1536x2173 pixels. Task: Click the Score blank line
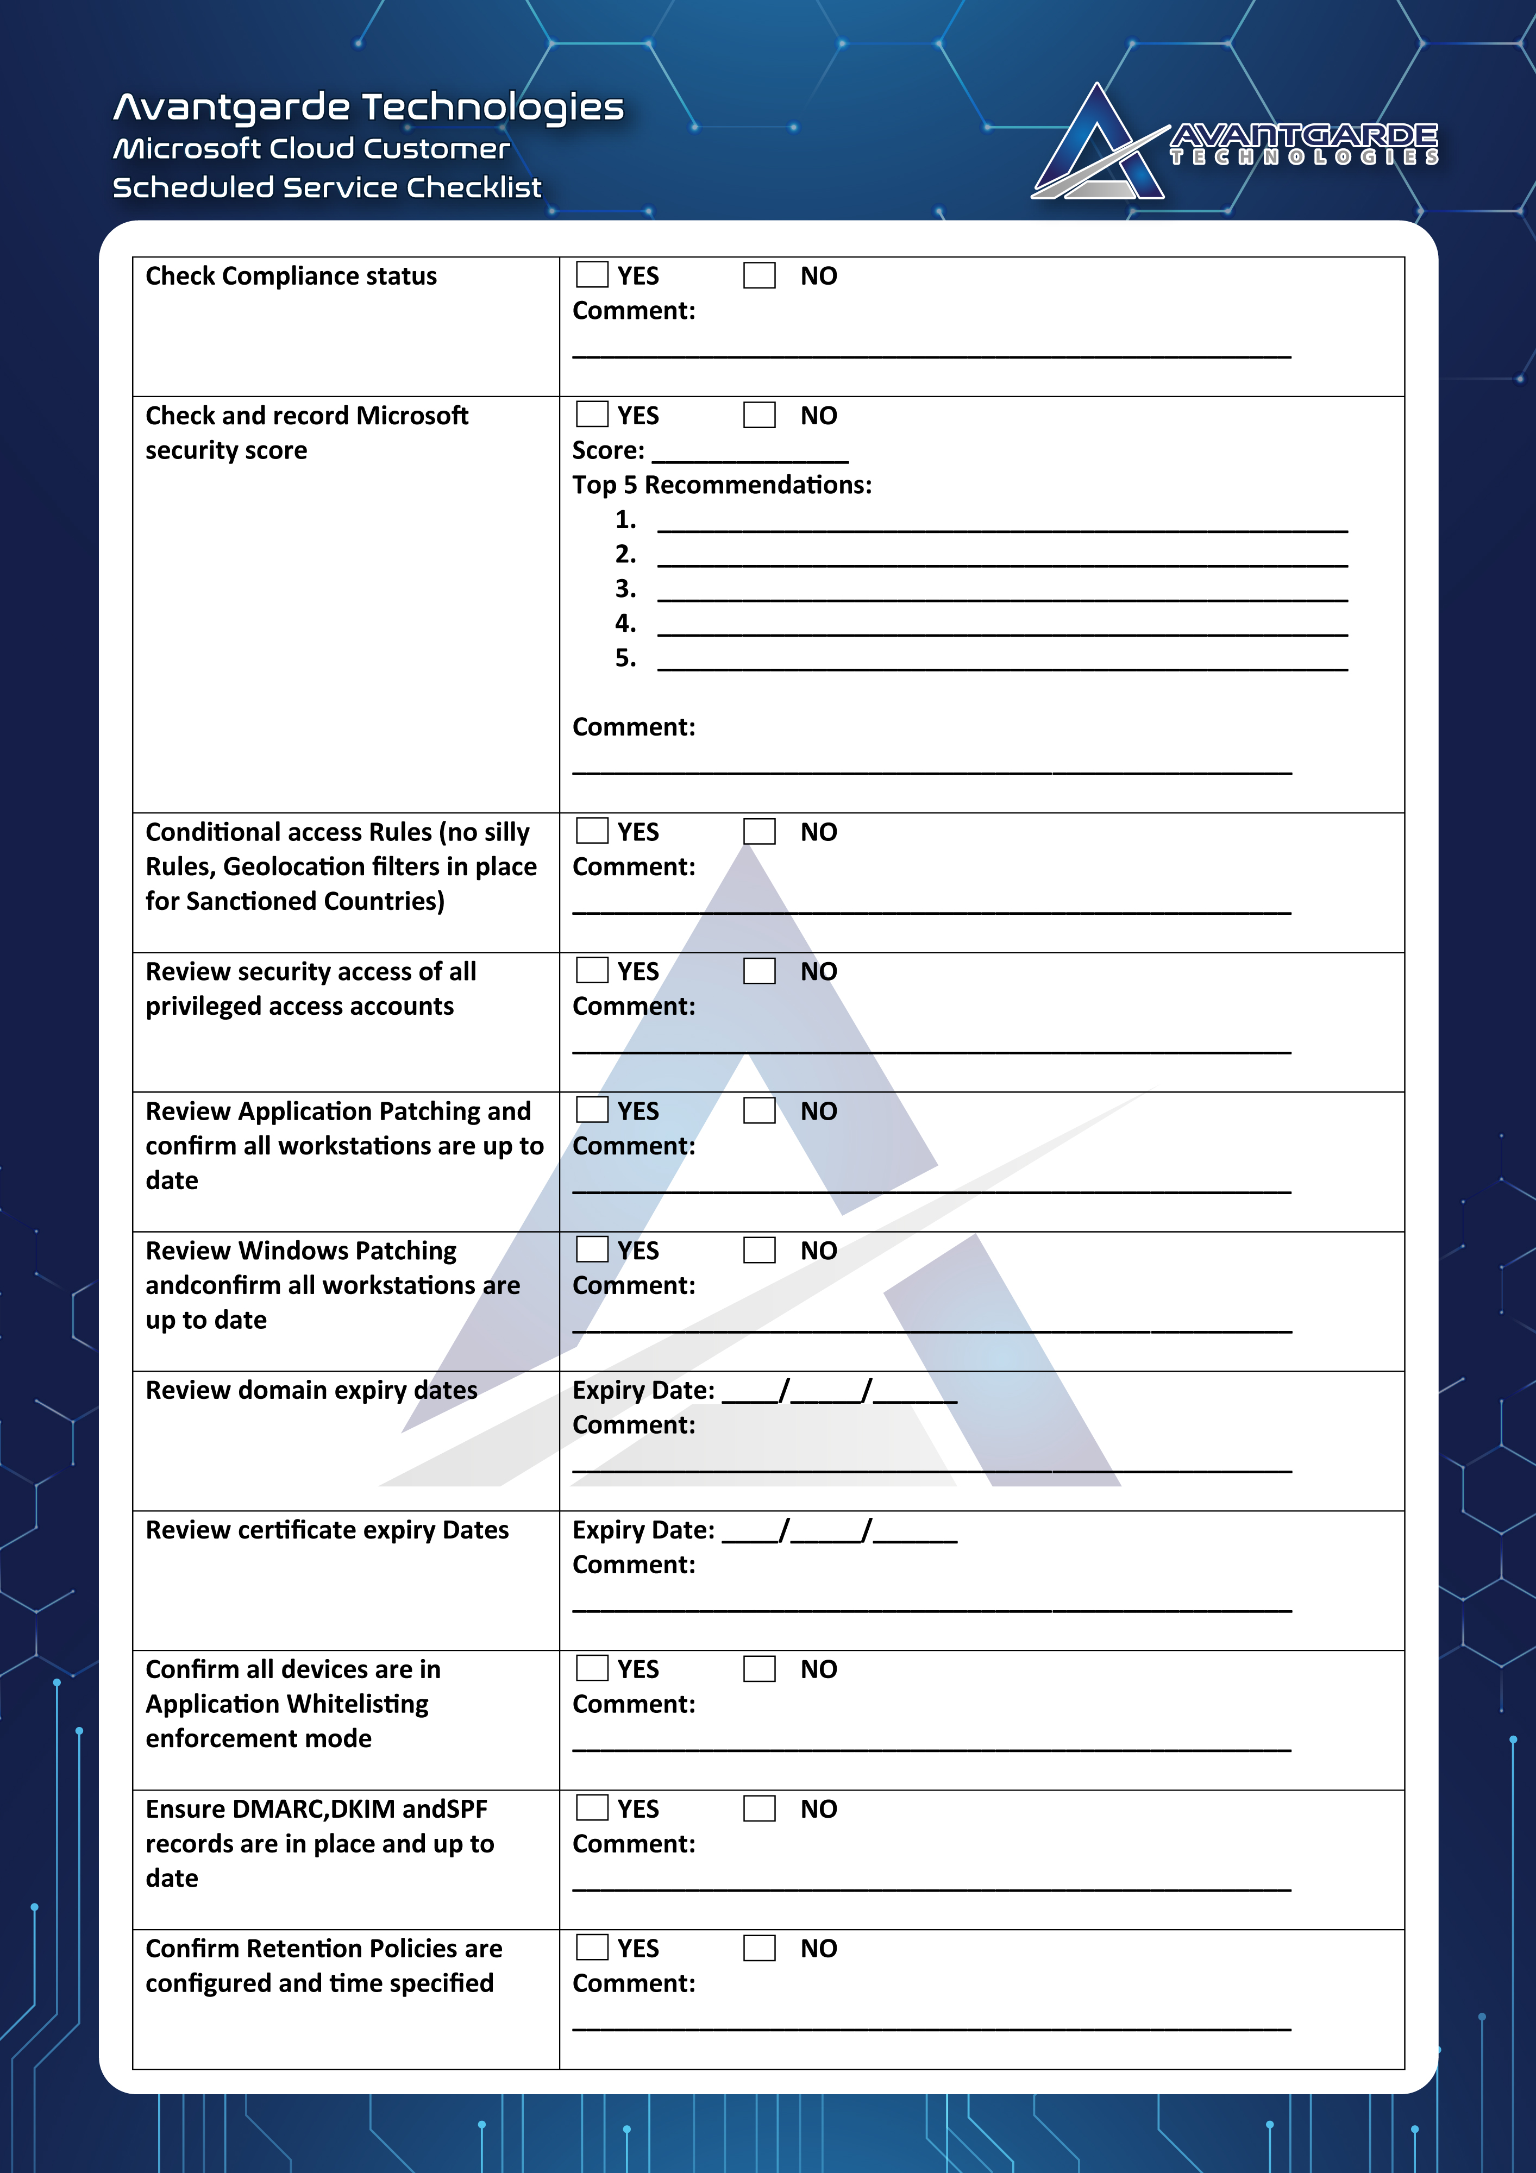(750, 454)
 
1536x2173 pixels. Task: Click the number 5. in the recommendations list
(625, 658)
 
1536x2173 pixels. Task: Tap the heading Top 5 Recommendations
(721, 485)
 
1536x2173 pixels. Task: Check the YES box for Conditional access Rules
(592, 831)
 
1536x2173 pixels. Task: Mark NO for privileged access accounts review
(759, 970)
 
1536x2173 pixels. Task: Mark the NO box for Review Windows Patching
(759, 1249)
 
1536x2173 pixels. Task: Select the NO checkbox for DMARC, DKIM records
(759, 1808)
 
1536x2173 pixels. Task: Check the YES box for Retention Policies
(592, 1947)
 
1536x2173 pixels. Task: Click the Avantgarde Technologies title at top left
(368, 107)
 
